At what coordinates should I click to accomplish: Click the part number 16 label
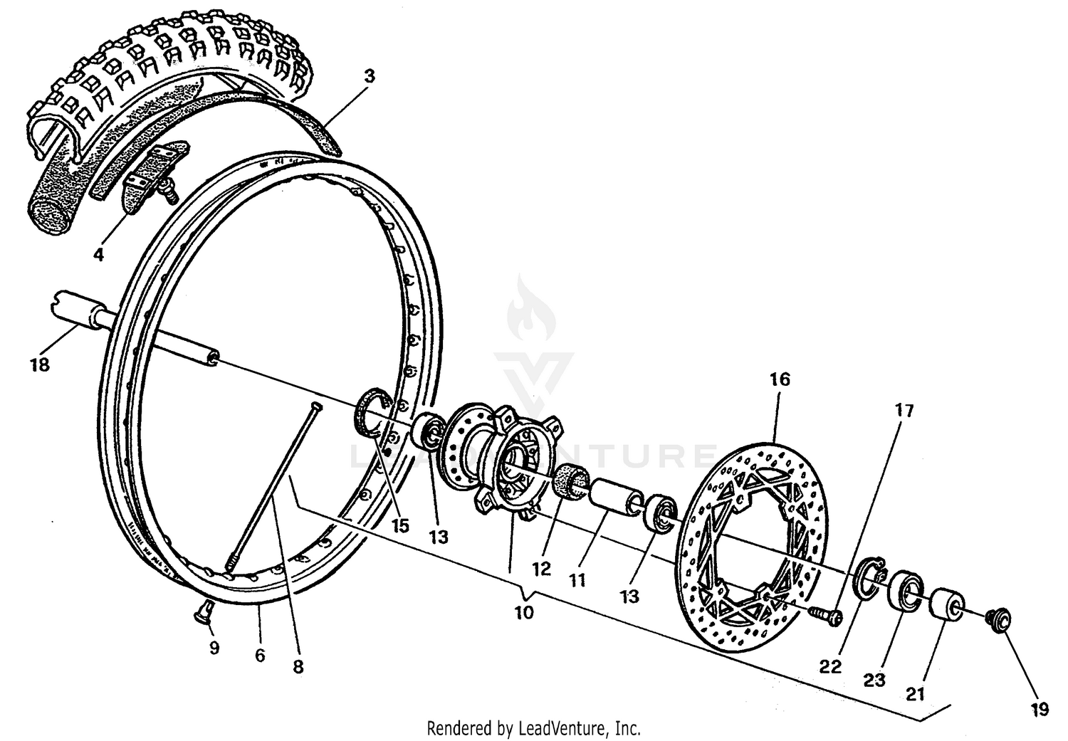pyautogui.click(x=780, y=379)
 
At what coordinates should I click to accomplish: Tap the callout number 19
pyautogui.click(x=1039, y=709)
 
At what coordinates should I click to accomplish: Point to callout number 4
pyautogui.click(x=98, y=254)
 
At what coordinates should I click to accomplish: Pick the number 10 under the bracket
pyautogui.click(x=524, y=612)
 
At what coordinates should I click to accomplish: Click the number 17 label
pyautogui.click(x=904, y=411)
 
